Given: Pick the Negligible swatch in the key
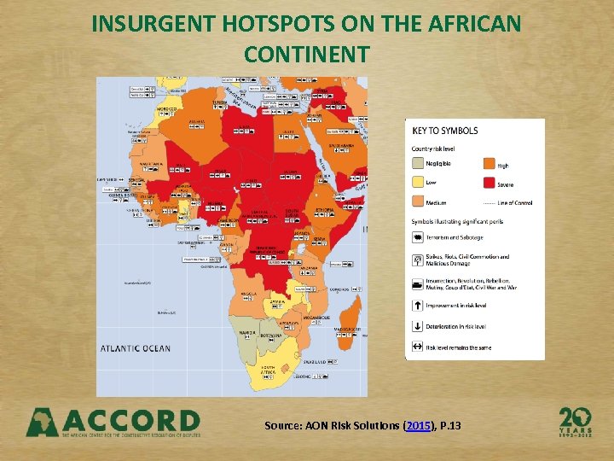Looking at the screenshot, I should click(x=417, y=164).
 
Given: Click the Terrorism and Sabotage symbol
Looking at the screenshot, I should click(x=417, y=237).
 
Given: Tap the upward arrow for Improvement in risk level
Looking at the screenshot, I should click(x=417, y=305).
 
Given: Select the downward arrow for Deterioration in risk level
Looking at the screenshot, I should click(x=417, y=325).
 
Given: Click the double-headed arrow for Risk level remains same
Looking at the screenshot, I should click(x=417, y=347).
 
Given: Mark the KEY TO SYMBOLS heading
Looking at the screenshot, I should click(x=445, y=131).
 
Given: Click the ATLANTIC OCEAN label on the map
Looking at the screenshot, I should click(x=136, y=348).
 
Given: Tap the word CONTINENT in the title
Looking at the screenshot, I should click(x=306, y=55).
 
